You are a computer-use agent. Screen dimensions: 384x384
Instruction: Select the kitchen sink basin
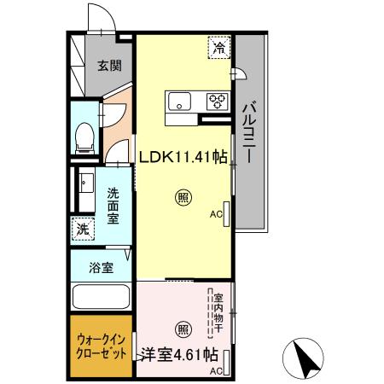[183, 102]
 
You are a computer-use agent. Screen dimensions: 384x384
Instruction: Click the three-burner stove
[217, 102]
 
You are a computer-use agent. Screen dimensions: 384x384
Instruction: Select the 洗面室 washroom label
[113, 205]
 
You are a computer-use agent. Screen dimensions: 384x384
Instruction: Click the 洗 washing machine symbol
[84, 228]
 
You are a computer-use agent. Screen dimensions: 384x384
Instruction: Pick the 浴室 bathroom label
[101, 267]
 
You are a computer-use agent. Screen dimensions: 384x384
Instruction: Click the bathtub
[101, 300]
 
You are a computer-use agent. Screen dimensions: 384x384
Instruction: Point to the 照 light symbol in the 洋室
[183, 329]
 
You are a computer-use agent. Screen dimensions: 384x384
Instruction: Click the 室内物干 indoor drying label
[218, 313]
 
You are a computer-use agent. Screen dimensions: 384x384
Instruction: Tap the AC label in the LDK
[215, 215]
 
